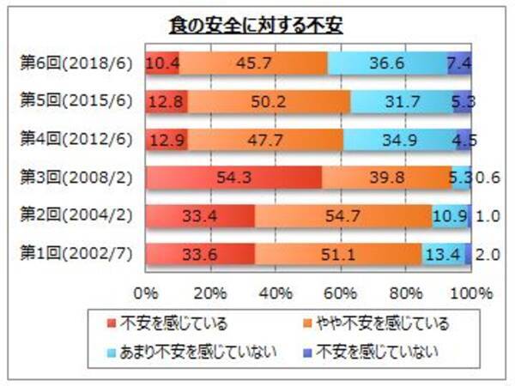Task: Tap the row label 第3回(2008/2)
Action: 75,178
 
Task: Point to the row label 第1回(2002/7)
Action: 75,254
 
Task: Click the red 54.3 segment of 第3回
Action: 233,178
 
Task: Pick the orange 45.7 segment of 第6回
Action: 253,63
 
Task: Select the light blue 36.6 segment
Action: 387,63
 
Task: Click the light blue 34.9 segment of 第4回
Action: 398,140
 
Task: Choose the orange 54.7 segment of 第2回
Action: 343,216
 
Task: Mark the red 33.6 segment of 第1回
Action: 200,254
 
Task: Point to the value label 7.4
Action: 460,63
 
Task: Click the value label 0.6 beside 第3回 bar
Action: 485,178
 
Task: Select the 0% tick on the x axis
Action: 146,293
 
